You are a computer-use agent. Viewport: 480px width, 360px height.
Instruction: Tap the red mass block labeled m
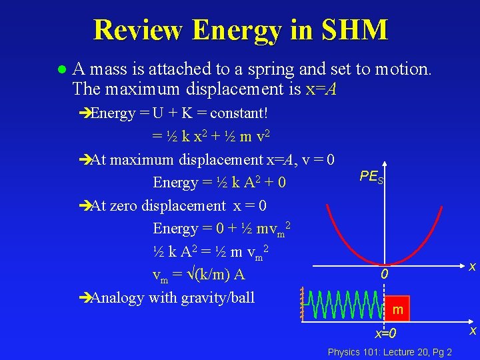[x=398, y=309]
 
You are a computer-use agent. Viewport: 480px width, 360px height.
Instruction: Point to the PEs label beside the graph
[x=371, y=177]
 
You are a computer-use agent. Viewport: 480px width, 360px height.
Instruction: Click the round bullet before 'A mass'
[x=61, y=69]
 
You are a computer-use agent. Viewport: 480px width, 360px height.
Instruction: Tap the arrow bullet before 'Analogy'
[x=83, y=297]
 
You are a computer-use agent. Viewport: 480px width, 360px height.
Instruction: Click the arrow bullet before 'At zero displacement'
[x=83, y=205]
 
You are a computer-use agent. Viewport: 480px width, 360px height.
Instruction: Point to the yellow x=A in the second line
[x=321, y=88]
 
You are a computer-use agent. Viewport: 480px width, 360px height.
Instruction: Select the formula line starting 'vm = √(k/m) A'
[x=199, y=275]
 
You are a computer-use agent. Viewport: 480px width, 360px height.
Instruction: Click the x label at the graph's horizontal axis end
[x=472, y=267]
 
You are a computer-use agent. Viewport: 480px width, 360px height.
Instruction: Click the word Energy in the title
[x=244, y=30]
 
